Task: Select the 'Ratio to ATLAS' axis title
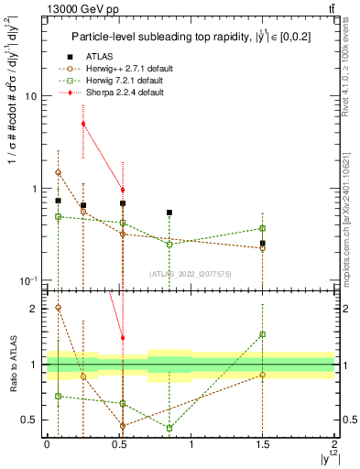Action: click(x=11, y=364)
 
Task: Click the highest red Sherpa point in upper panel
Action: click(x=83, y=124)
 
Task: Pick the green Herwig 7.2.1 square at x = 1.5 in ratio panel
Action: click(x=263, y=334)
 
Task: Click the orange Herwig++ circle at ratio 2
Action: click(x=58, y=308)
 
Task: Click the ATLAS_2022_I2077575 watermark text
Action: click(x=188, y=273)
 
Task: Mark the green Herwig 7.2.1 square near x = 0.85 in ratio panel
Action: click(x=169, y=428)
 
